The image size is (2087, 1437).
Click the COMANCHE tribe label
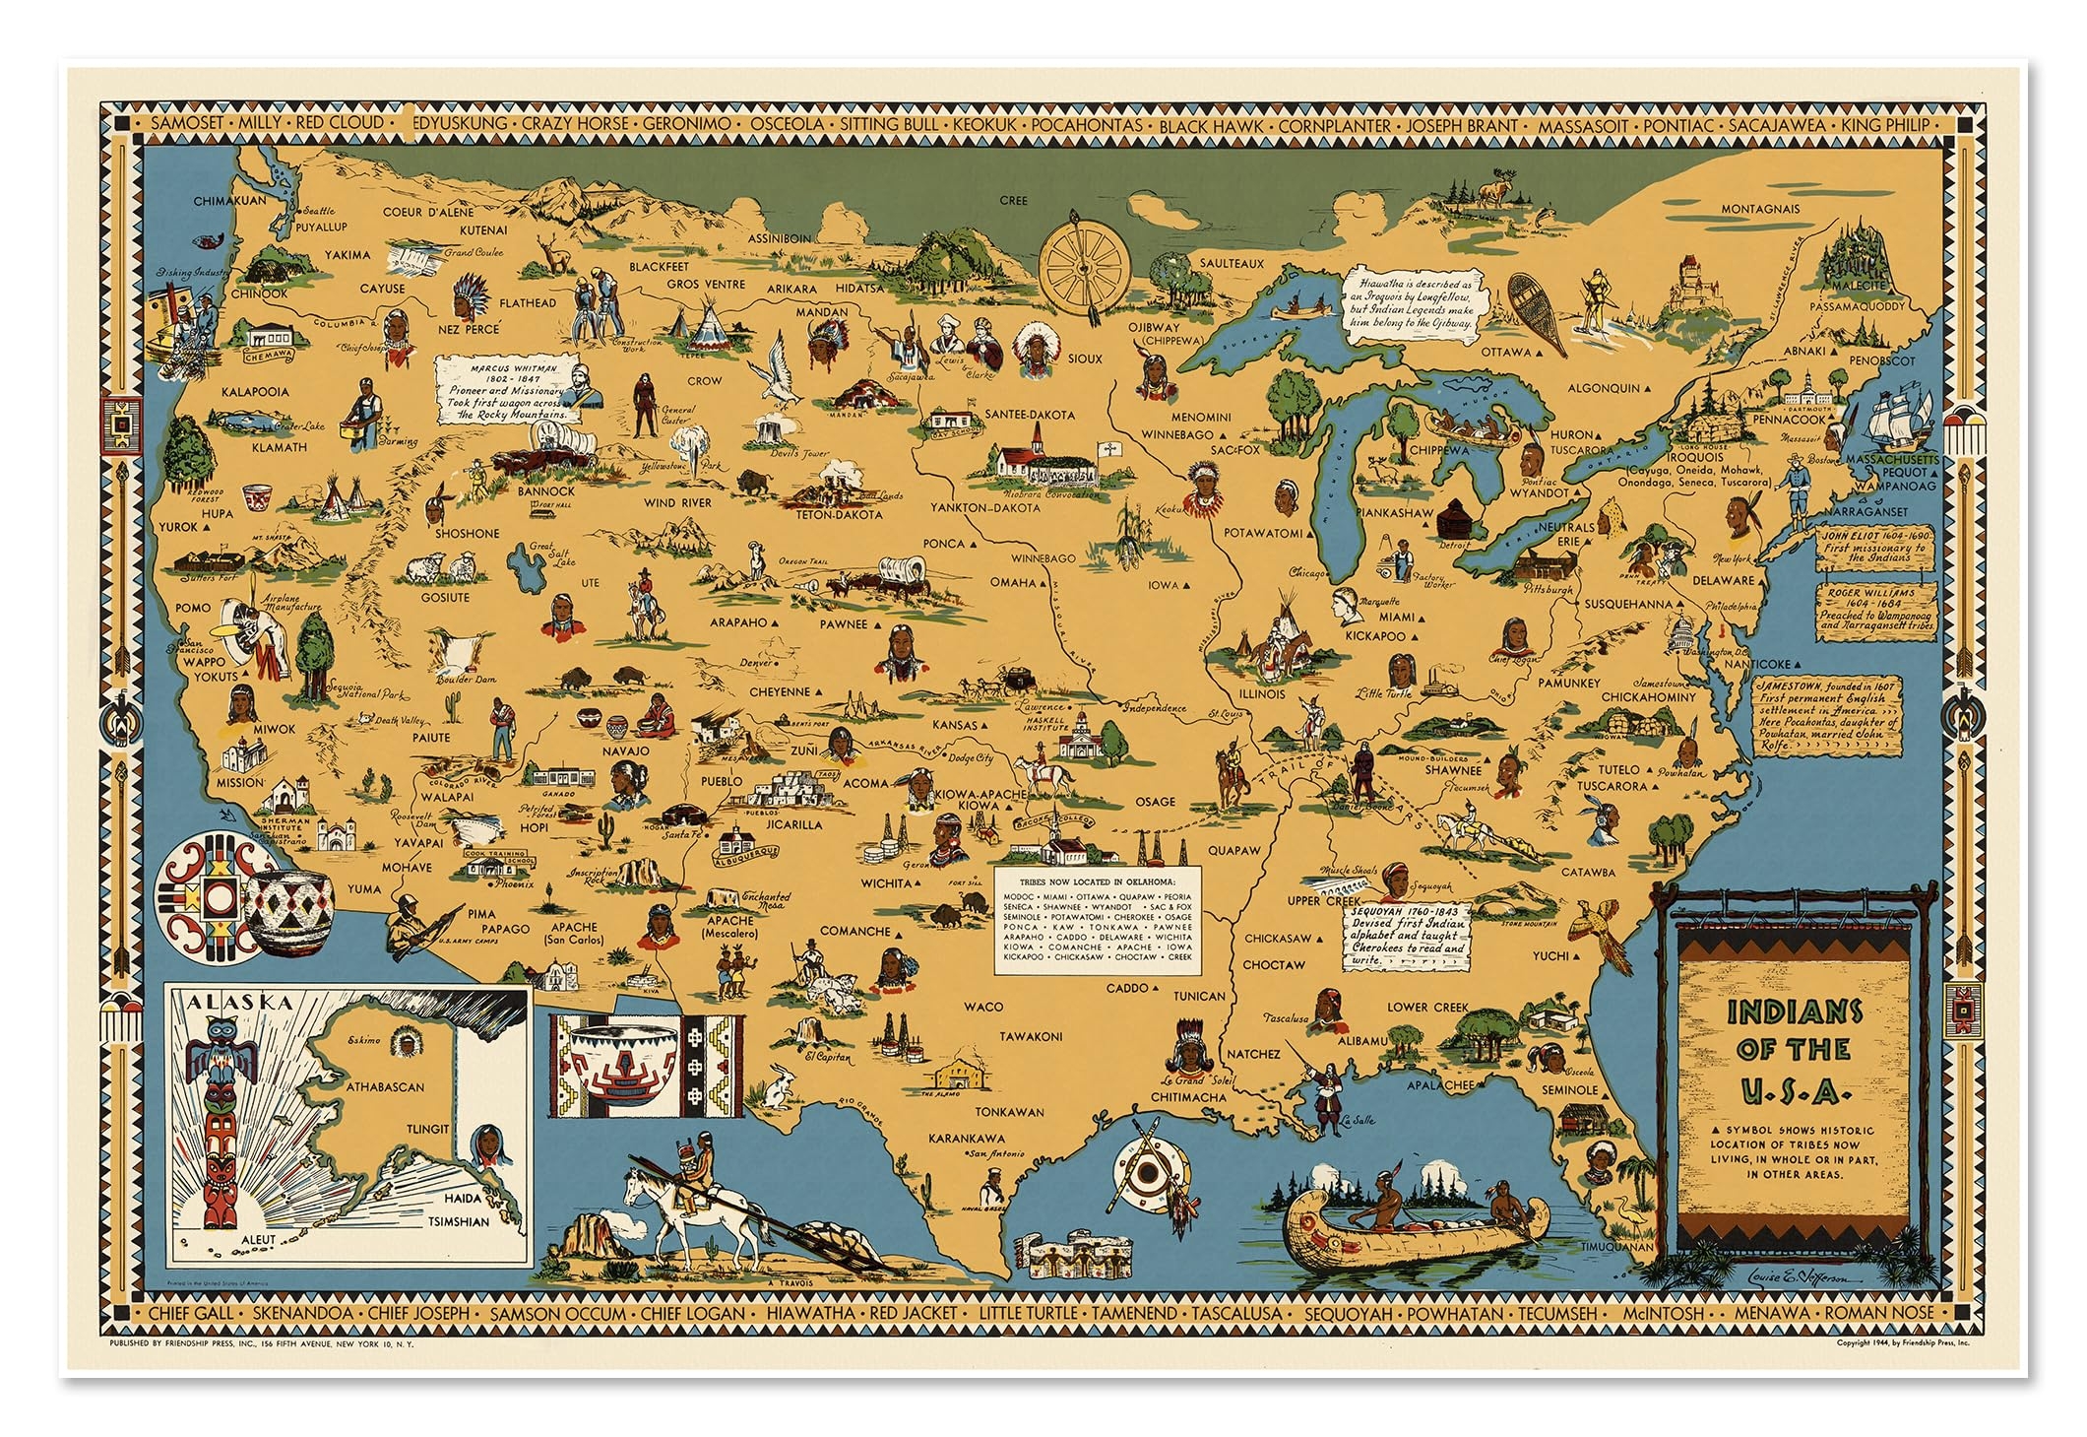pyautogui.click(x=855, y=931)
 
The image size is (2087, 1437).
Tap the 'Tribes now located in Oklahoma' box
pyautogui.click(x=1097, y=922)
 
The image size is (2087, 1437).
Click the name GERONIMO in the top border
pyautogui.click(x=687, y=125)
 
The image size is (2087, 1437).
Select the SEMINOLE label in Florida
pyautogui.click(x=1569, y=1089)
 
